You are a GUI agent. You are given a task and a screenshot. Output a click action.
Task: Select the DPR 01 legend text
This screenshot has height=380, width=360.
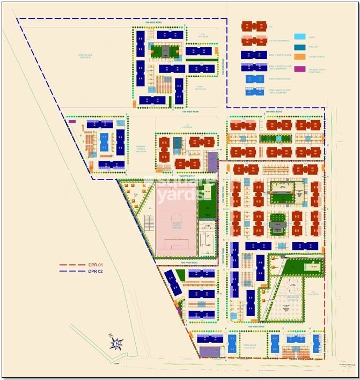(x=97, y=265)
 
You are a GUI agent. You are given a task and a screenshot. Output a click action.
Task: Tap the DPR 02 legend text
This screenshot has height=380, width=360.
(x=97, y=272)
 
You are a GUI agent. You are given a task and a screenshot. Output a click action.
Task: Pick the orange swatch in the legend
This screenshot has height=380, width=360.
(x=299, y=57)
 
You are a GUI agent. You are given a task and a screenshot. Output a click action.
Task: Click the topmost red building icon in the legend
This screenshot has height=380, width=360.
(x=254, y=26)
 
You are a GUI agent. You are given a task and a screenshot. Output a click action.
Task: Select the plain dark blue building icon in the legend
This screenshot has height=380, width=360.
(x=254, y=54)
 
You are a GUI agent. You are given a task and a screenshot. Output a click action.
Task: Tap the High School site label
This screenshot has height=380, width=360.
(x=86, y=56)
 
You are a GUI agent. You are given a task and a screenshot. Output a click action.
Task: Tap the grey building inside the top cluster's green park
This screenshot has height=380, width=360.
(x=165, y=51)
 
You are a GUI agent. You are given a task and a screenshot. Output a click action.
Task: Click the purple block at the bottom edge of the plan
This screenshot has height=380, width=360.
(x=208, y=352)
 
